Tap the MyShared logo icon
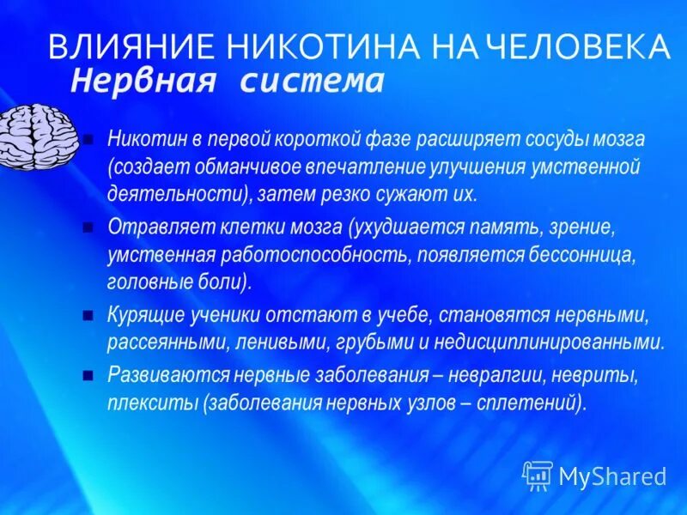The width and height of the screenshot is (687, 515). pyautogui.click(x=538, y=475)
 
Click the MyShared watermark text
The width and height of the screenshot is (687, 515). pyautogui.click(x=612, y=476)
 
